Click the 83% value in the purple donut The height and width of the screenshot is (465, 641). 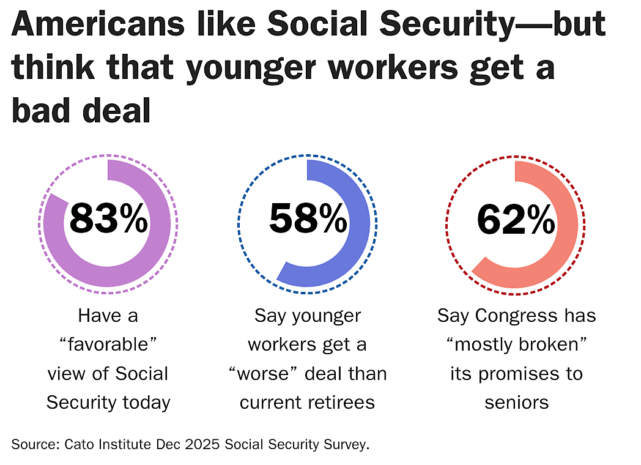(x=108, y=218)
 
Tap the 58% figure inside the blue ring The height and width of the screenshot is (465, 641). (x=308, y=218)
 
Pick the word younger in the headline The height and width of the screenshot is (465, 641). (x=251, y=69)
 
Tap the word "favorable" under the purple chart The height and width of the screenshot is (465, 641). (x=108, y=344)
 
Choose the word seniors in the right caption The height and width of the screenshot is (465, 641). (x=516, y=403)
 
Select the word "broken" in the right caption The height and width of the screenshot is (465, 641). (x=549, y=344)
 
